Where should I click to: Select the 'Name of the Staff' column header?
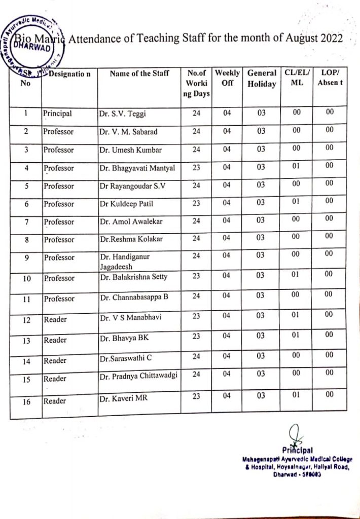click(x=139, y=74)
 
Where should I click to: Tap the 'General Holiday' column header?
click(x=262, y=79)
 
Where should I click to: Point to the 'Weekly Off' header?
click(x=227, y=79)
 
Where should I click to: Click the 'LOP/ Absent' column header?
click(x=330, y=78)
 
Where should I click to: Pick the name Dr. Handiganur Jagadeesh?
click(x=125, y=261)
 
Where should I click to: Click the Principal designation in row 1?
click(x=58, y=114)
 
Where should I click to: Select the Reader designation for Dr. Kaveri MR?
click(x=55, y=401)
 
